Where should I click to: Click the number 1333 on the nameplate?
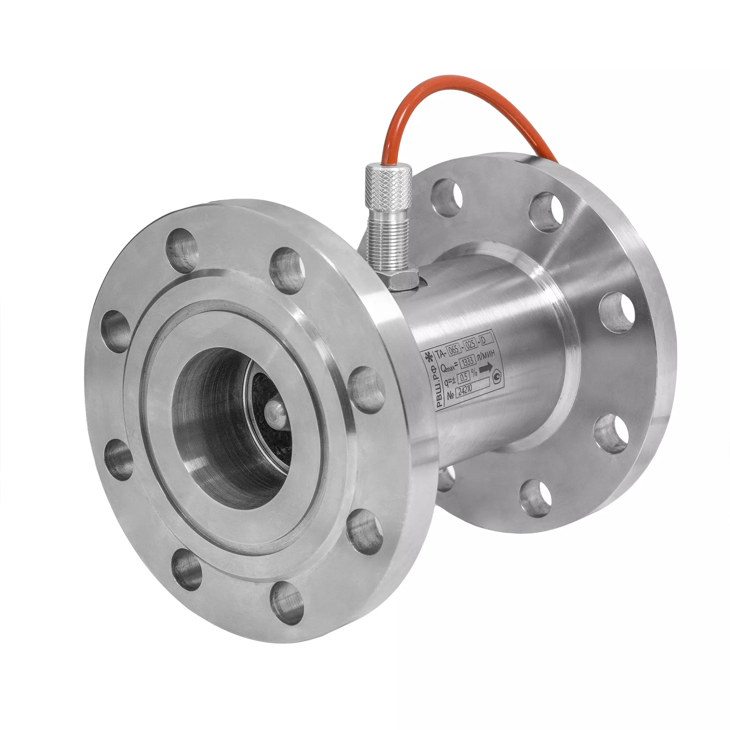(468, 361)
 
